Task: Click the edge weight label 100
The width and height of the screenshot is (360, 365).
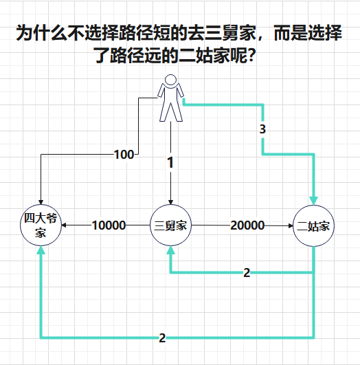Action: [124, 155]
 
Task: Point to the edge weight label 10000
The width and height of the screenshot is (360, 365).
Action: [109, 225]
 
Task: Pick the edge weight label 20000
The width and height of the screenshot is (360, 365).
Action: [247, 225]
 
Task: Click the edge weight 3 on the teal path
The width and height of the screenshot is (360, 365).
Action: [262, 129]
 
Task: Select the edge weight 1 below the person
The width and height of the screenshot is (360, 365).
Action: [170, 162]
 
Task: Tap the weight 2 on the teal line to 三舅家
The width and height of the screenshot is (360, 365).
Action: [247, 272]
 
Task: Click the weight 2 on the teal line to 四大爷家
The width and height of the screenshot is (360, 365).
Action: [162, 338]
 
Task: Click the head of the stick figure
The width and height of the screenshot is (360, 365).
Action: [170, 80]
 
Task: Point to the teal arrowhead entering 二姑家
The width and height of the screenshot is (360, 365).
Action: [313, 201]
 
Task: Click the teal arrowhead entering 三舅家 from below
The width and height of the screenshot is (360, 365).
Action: [170, 250]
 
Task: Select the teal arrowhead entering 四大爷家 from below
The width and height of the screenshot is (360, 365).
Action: [41, 250]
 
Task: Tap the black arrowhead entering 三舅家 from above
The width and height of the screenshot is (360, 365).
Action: [170, 202]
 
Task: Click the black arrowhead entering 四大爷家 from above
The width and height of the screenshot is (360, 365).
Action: [41, 202]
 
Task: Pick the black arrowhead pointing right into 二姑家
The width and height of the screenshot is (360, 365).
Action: [291, 225]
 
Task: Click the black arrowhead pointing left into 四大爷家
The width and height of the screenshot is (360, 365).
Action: [64, 225]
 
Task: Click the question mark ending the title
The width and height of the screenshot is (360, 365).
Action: [251, 56]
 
